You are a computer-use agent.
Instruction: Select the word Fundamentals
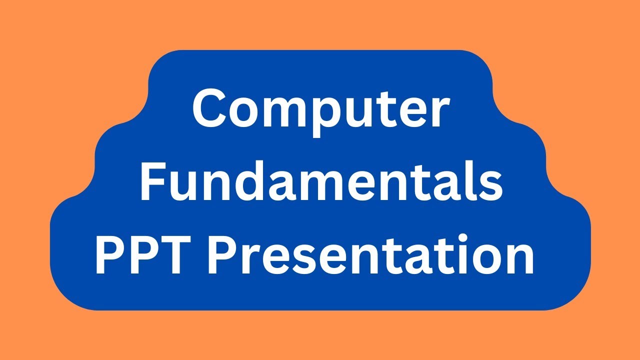(x=320, y=182)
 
